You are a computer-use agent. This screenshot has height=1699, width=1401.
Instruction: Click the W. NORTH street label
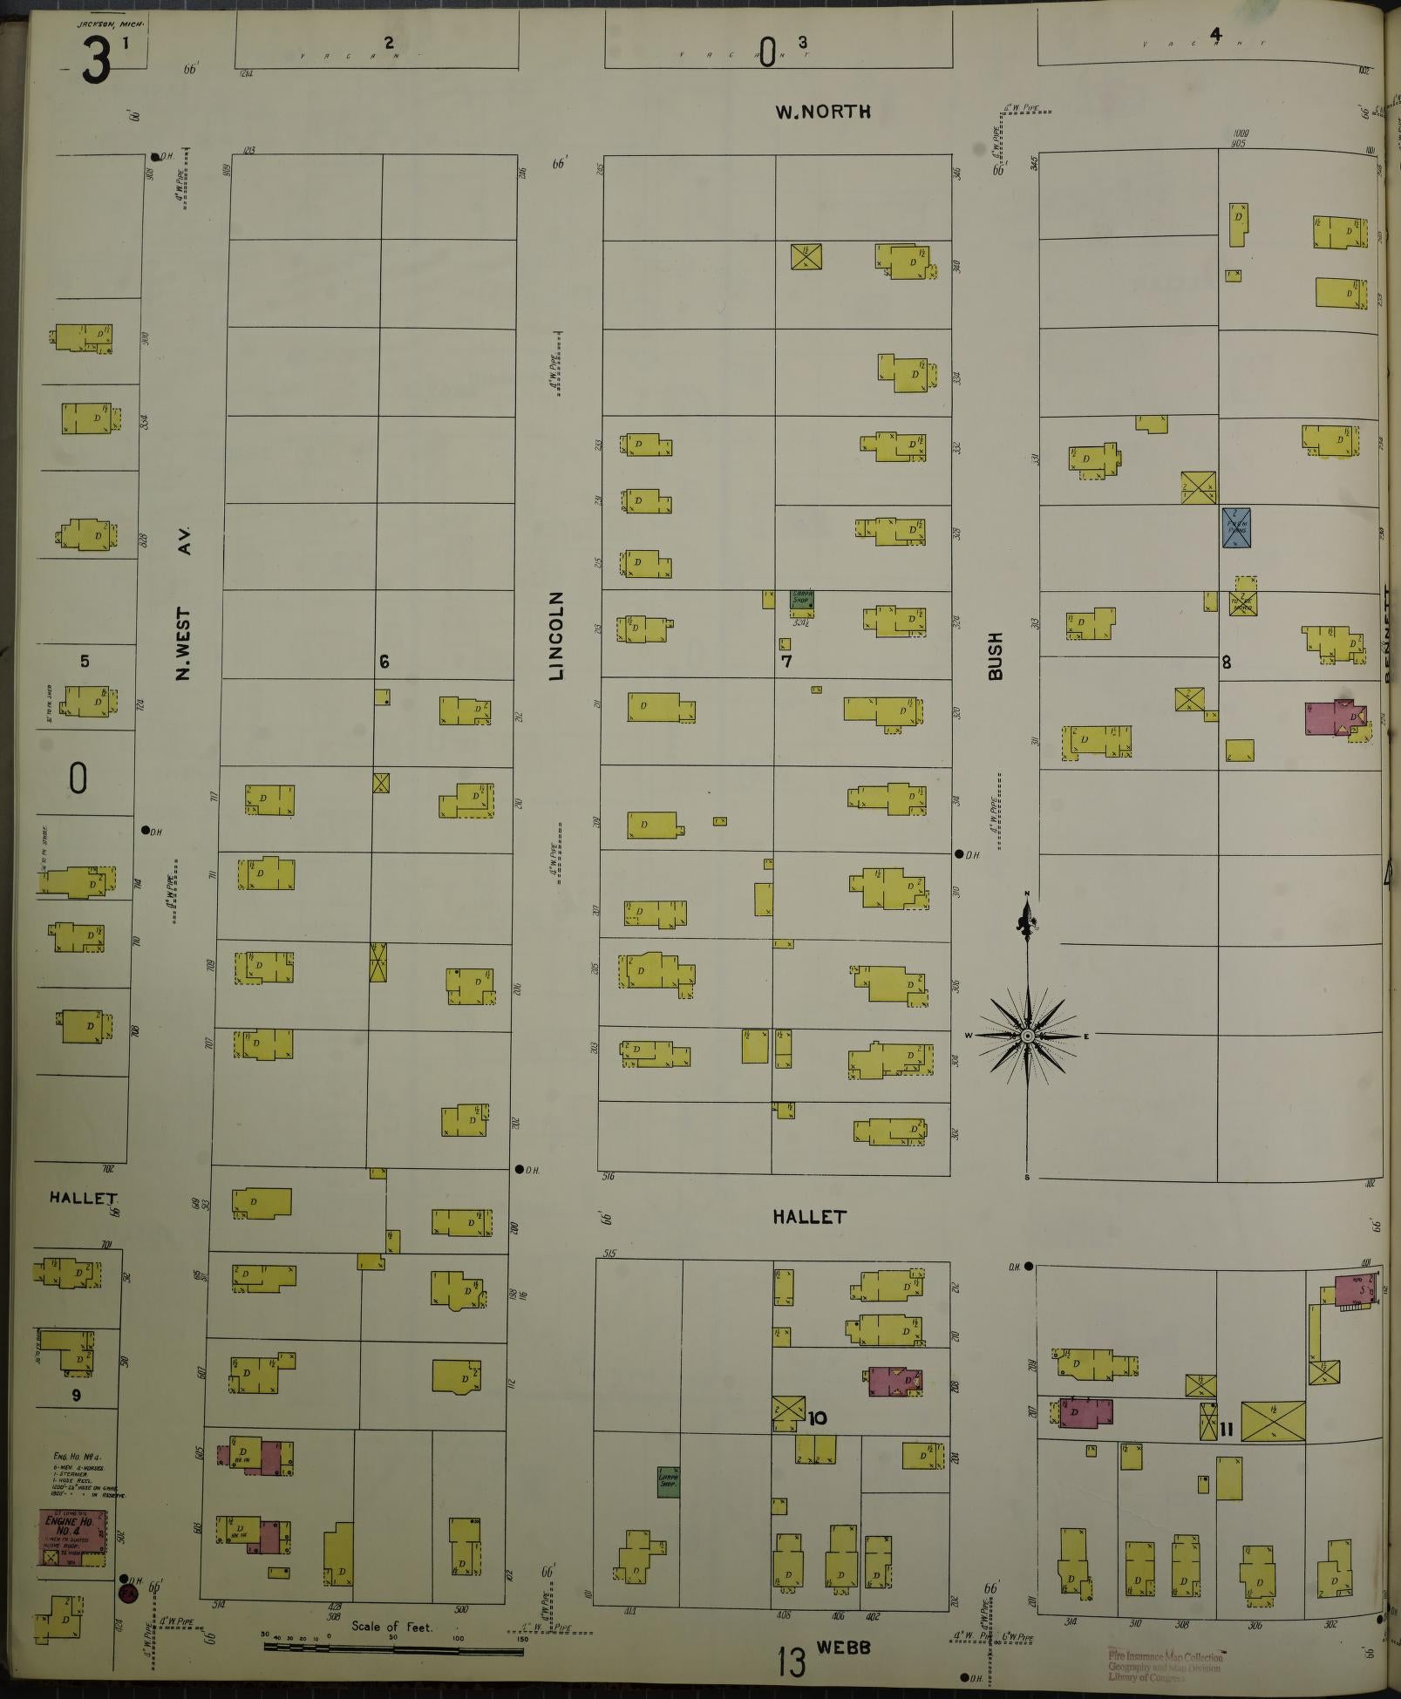[x=822, y=112]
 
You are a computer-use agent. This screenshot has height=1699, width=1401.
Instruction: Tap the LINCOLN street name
[x=557, y=635]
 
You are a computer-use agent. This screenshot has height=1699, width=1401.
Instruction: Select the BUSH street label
[x=996, y=656]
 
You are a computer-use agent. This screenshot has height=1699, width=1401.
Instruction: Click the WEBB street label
[x=845, y=1647]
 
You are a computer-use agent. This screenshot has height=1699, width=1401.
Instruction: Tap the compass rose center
[x=1028, y=1035]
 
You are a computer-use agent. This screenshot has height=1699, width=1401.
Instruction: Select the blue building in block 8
[x=1236, y=528]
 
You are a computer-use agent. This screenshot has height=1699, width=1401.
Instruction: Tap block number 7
[x=786, y=661]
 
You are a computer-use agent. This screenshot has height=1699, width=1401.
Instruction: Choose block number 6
[x=384, y=662]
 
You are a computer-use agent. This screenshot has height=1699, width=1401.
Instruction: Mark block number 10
[x=817, y=1418]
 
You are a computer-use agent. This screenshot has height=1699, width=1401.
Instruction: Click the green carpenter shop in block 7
[x=801, y=599]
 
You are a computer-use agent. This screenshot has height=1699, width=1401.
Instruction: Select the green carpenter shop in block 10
[x=668, y=1482]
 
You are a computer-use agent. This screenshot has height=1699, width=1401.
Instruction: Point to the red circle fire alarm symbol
[x=127, y=1593]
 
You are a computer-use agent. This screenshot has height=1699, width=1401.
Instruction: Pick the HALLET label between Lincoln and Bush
[x=809, y=1216]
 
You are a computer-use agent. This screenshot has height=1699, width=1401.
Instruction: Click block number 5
[x=85, y=661]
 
